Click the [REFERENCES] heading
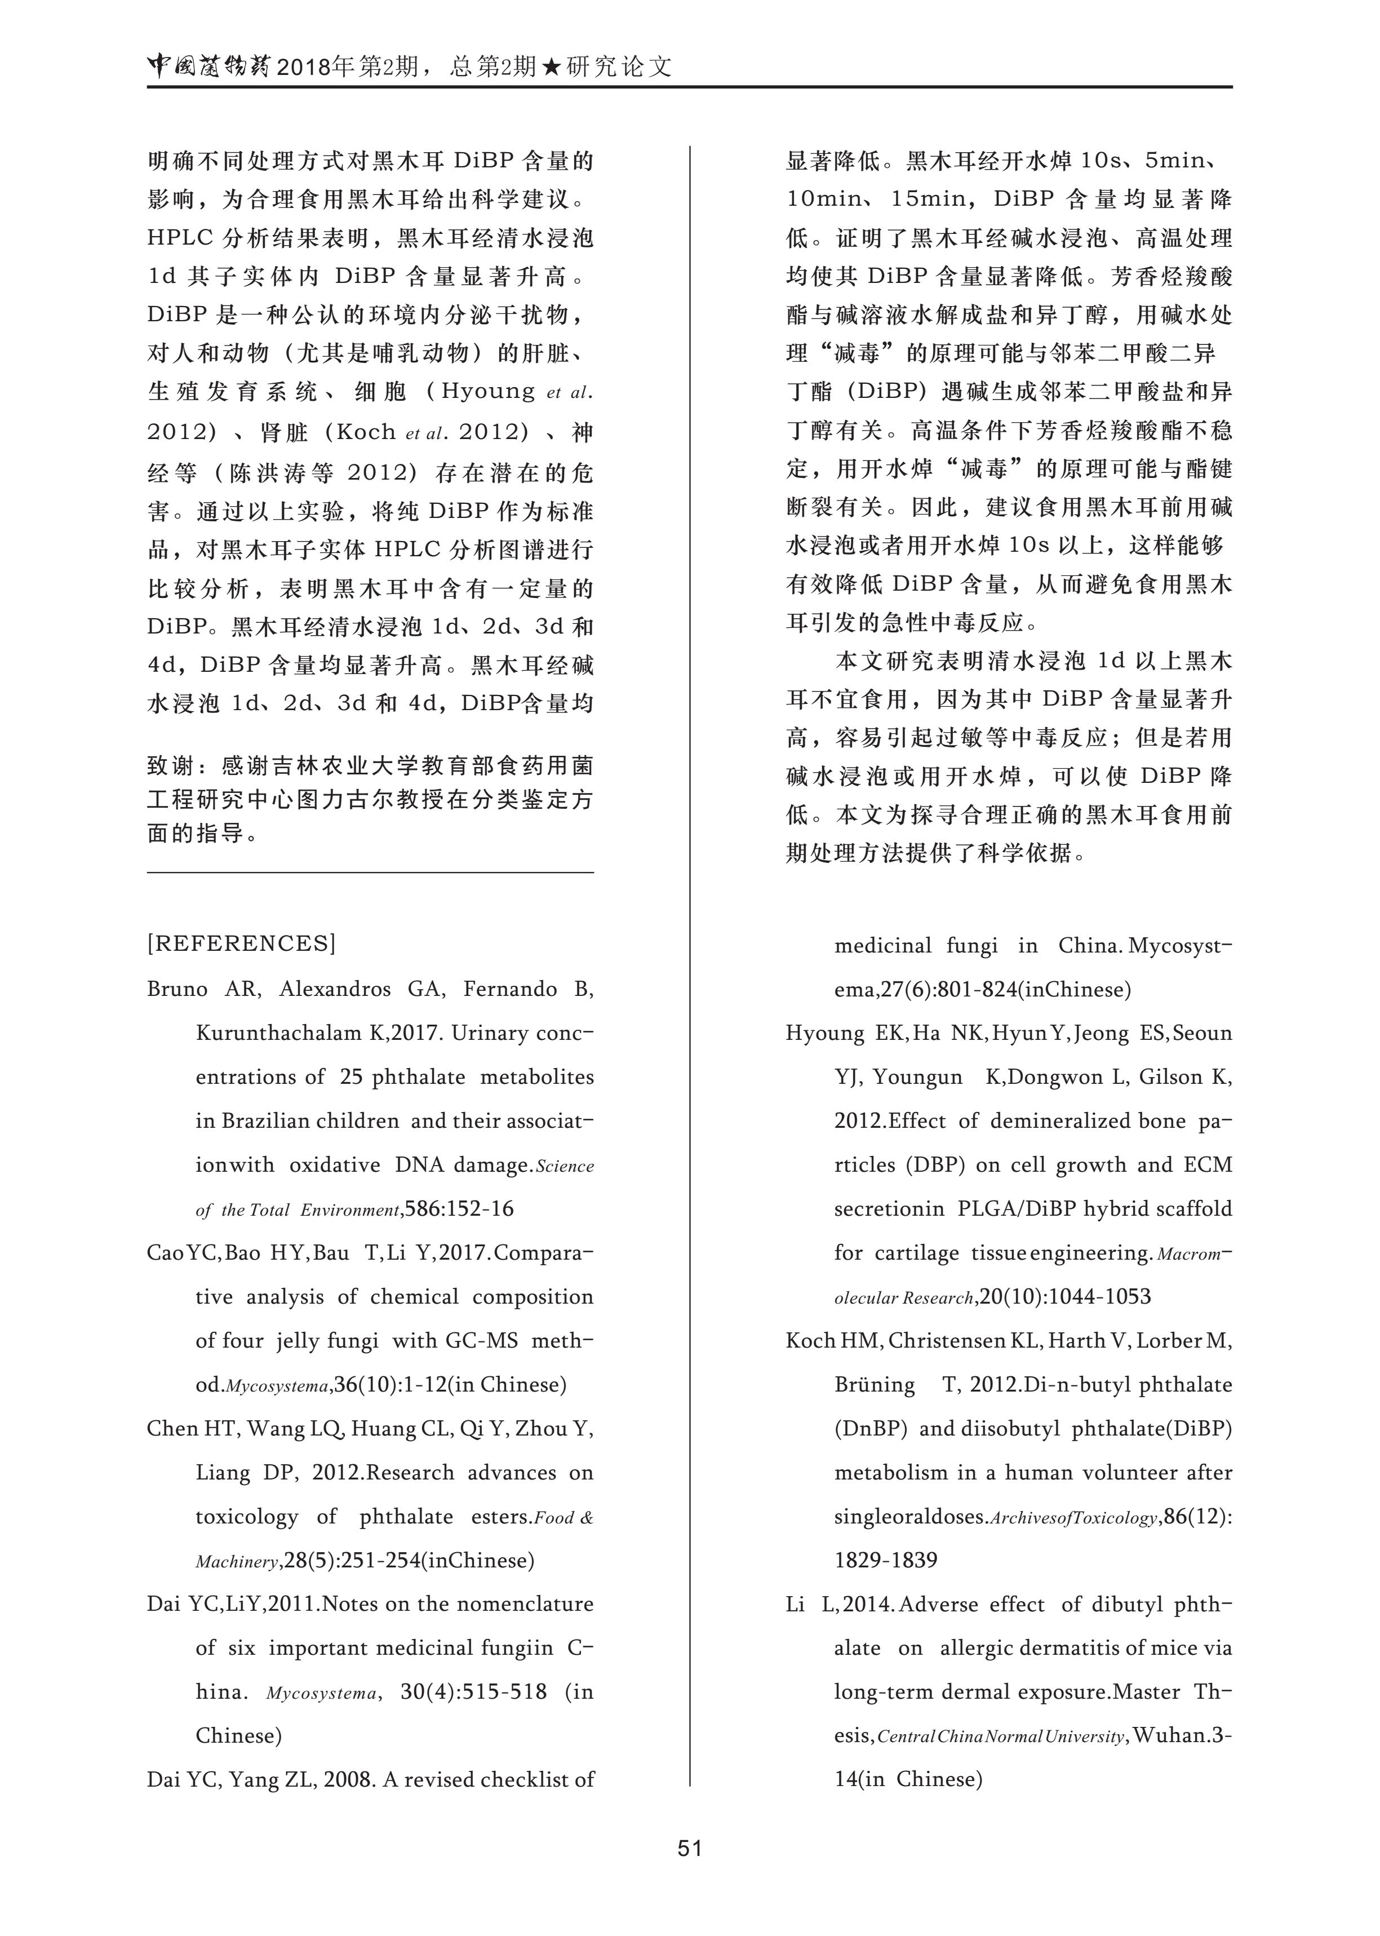[241, 943]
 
